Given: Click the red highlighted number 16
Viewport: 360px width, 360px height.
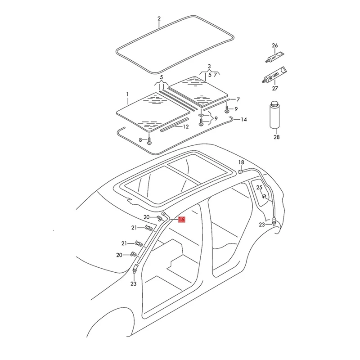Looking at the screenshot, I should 181,220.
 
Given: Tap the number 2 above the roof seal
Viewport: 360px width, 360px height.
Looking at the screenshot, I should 159,19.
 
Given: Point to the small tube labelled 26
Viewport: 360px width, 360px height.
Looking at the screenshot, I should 274,58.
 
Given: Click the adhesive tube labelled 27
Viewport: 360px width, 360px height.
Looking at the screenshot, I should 274,76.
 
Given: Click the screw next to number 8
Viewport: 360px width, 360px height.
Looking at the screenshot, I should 150,140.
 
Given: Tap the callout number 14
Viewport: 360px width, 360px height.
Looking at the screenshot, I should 243,120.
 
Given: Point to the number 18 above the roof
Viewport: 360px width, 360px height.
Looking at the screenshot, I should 241,162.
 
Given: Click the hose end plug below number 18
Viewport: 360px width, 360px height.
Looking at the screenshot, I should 240,171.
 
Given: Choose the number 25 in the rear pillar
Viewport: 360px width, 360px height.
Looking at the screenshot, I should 259,188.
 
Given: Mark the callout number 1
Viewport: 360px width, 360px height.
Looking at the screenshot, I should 127,94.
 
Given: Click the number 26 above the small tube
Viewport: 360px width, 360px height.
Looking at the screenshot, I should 275,45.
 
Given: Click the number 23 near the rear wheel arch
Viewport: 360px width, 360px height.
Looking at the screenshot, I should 261,225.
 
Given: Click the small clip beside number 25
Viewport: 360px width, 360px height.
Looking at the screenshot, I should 264,195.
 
